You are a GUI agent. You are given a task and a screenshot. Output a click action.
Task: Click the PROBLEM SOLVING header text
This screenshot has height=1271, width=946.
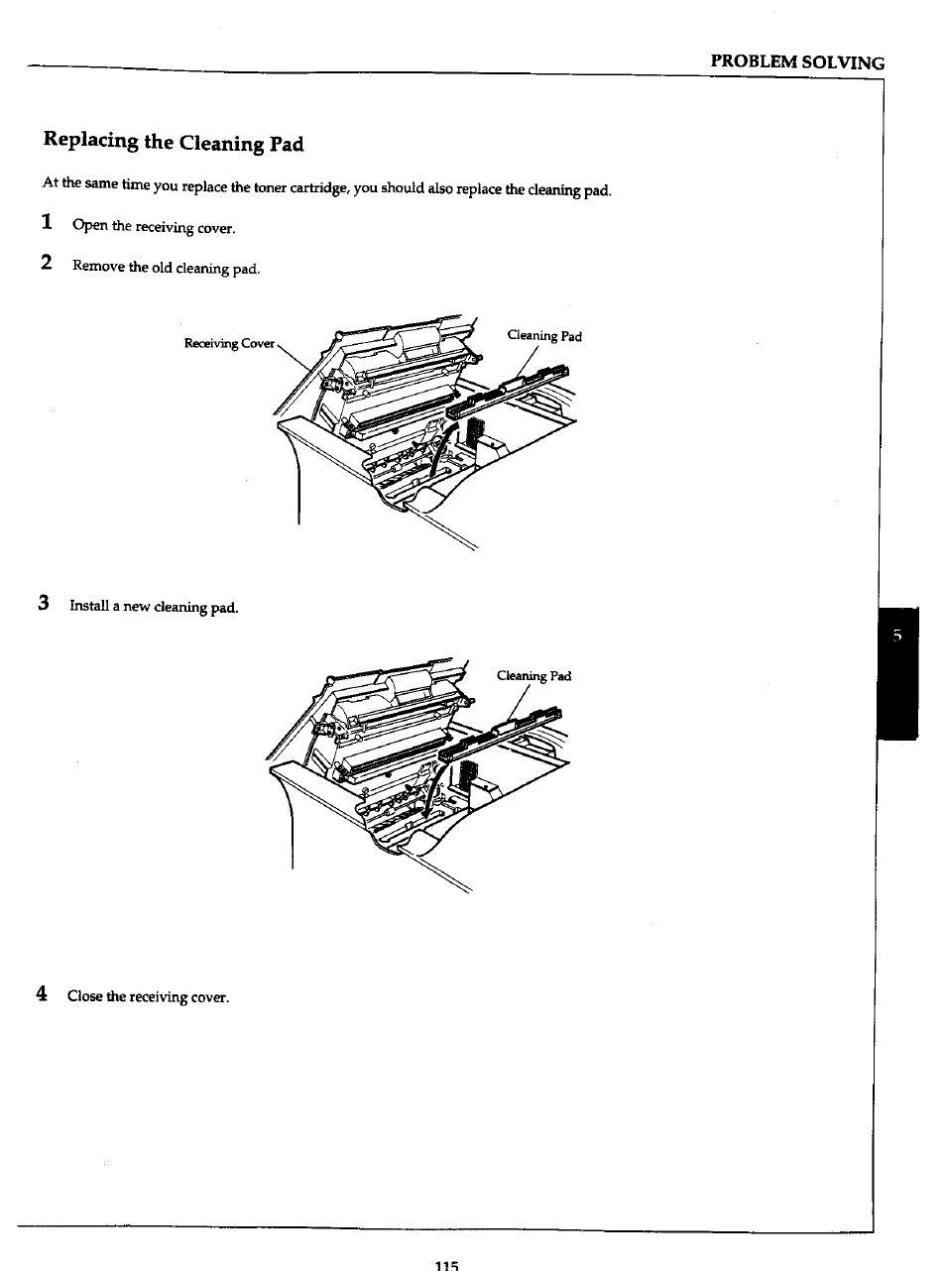(x=797, y=62)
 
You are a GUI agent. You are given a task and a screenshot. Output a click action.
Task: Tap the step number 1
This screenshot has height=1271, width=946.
(x=47, y=223)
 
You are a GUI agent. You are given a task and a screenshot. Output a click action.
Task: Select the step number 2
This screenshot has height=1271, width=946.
(x=47, y=264)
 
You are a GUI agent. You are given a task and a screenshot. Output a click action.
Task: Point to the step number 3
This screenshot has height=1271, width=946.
(x=44, y=603)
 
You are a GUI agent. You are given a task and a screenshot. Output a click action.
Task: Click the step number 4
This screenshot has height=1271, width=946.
(x=42, y=993)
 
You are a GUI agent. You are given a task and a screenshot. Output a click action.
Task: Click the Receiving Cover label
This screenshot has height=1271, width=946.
(x=229, y=343)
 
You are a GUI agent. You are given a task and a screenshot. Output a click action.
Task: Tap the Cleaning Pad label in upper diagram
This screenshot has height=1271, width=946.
(x=543, y=336)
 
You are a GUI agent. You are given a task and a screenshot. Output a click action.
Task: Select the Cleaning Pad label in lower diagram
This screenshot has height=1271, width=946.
(x=533, y=676)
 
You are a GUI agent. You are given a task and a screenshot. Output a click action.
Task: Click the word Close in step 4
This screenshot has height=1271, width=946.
(x=84, y=996)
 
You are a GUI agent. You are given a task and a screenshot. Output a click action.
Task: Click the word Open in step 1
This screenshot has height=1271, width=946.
(x=89, y=226)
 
